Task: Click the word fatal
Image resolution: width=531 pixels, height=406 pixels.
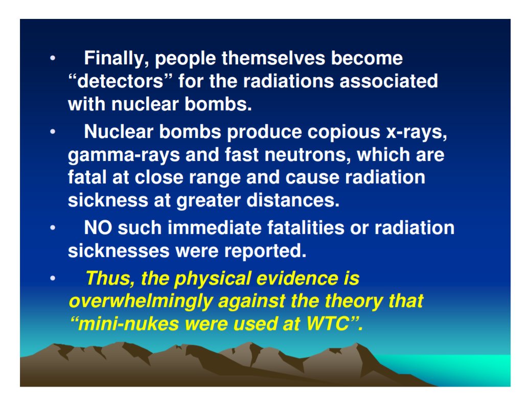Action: (86, 177)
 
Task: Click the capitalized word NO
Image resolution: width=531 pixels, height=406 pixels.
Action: (98, 227)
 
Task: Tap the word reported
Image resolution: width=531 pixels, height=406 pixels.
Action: (262, 250)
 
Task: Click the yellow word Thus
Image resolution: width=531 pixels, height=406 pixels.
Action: (105, 278)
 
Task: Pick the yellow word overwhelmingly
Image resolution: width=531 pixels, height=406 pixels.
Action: (140, 301)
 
